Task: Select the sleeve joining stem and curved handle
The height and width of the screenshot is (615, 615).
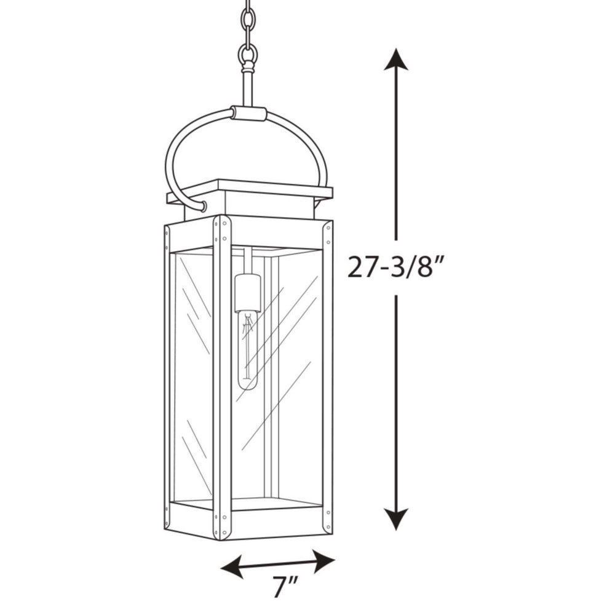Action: [249, 113]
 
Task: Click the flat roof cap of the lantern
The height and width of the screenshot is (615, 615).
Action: [249, 189]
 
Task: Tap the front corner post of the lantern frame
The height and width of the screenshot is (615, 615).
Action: [221, 375]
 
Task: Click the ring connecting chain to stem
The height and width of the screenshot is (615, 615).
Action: [247, 57]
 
